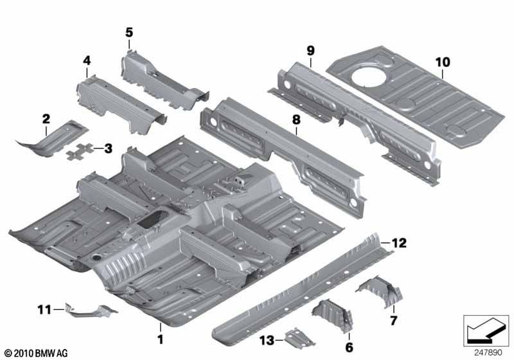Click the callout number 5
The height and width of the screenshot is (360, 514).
pos(129,32)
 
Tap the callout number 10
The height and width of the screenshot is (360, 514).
pos(443,62)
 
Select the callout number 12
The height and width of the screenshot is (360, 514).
pos(399,243)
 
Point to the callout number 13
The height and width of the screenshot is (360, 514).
pos(267,340)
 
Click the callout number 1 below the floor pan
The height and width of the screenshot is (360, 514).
pos(160,339)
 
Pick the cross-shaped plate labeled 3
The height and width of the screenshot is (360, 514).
pos(79,152)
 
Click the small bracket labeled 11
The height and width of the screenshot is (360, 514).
pos(90,310)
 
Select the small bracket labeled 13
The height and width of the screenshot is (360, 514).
pos(299,337)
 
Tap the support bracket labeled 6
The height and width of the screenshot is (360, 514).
pos(333,316)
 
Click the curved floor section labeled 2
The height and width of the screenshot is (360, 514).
pos(53,139)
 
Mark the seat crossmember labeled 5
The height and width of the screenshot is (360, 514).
pos(163,80)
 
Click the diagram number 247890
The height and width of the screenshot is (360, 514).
pos(488,352)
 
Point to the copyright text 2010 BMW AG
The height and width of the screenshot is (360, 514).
pos(36,353)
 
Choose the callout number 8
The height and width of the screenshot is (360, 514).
pos(296,120)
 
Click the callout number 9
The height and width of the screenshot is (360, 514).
pos(310,51)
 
